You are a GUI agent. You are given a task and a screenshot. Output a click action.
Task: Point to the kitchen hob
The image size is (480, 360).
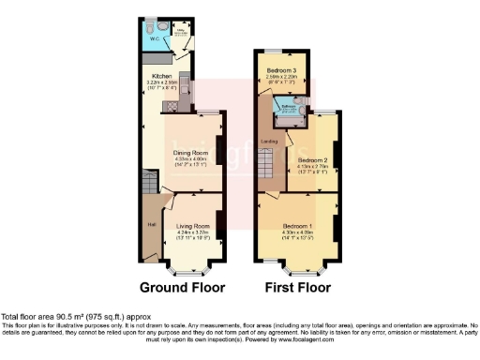click(186, 85)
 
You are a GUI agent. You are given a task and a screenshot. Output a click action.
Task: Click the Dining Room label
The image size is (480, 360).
click(190, 151)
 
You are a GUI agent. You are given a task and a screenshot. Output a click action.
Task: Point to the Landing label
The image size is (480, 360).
click(268, 142)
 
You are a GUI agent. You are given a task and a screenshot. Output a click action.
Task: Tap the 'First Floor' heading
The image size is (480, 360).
click(298, 287)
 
